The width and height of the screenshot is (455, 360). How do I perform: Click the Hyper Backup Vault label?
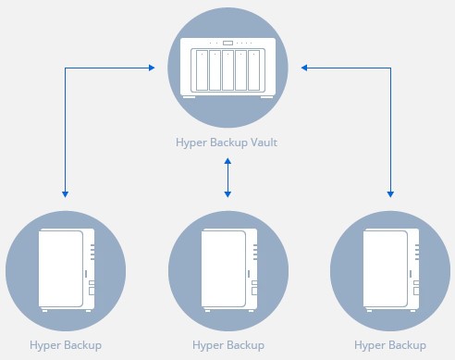pos(227,143)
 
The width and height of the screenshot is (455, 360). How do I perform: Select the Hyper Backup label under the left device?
pos(65,345)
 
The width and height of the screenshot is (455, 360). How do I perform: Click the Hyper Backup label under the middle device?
pos(227,345)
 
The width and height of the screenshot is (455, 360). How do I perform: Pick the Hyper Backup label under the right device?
pos(390,345)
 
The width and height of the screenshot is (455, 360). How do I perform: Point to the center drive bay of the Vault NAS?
pos(227,70)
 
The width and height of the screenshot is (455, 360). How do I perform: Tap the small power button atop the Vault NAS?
pos(227,43)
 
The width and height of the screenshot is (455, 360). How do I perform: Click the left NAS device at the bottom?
pos(65,269)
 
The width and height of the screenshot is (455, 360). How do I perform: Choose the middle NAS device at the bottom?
pos(227,269)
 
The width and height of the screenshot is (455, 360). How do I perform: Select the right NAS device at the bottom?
pos(390,269)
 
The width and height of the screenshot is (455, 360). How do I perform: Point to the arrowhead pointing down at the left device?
pos(65,193)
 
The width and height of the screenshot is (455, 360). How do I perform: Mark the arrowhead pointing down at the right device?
pos(390,193)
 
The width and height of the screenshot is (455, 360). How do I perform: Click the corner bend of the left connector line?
pos(65,67)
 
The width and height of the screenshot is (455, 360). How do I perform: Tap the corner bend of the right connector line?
pos(390,67)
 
